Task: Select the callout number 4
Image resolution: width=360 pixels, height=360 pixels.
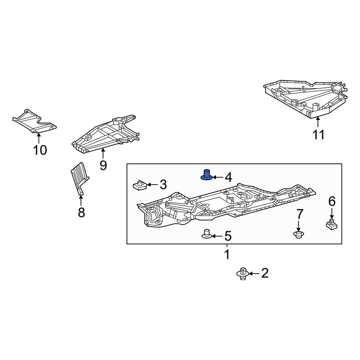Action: pyautogui.click(x=228, y=177)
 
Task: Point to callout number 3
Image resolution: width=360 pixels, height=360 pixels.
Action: pyautogui.click(x=163, y=185)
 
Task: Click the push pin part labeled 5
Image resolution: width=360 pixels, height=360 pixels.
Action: pyautogui.click(x=206, y=234)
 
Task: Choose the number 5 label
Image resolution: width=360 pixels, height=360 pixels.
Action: pyautogui.click(x=228, y=237)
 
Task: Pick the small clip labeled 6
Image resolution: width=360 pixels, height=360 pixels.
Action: pyautogui.click(x=331, y=224)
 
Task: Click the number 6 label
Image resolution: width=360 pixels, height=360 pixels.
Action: pyautogui.click(x=331, y=201)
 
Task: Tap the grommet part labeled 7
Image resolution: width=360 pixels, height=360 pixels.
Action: pyautogui.click(x=298, y=235)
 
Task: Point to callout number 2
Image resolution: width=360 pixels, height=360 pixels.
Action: pyautogui.click(x=265, y=274)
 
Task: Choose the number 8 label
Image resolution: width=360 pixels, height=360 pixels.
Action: pyautogui.click(x=81, y=212)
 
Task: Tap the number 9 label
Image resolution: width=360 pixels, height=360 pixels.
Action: pyautogui.click(x=103, y=165)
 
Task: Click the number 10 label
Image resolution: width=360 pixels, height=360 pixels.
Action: pyautogui.click(x=40, y=150)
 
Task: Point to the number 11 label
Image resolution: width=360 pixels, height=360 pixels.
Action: pyautogui.click(x=318, y=135)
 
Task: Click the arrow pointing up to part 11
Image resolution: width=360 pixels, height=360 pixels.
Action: pyautogui.click(x=318, y=122)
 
